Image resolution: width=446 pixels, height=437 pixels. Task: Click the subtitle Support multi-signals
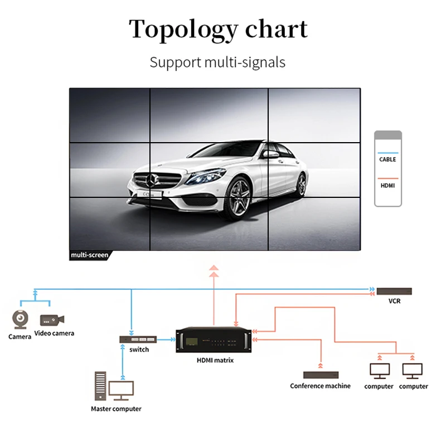click(217, 62)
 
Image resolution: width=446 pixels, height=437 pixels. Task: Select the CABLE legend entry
click(387, 159)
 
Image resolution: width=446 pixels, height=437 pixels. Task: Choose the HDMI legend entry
click(387, 185)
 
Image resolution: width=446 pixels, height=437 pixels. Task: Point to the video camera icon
click(52, 320)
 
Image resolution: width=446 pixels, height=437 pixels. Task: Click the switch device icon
click(138, 339)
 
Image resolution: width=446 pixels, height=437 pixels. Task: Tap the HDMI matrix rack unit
click(214, 340)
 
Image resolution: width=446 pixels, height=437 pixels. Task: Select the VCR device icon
click(394, 291)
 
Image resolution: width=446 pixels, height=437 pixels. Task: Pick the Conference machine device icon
click(321, 375)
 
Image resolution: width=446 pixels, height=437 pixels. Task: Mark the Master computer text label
click(116, 409)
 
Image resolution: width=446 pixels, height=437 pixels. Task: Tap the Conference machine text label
click(321, 386)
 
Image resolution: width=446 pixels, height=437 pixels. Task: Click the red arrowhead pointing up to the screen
click(214, 270)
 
